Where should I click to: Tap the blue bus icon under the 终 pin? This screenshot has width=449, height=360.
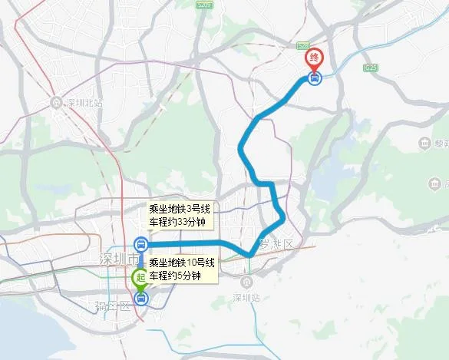(314, 78)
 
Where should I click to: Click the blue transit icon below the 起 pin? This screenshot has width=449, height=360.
(140, 299)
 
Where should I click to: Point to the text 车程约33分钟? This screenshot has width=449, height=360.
(178, 223)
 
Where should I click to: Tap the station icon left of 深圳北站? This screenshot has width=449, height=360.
(56, 102)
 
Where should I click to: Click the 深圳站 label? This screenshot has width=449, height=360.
(247, 297)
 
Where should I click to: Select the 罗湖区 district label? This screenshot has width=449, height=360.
(276, 244)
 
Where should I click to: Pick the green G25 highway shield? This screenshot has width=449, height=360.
(371, 68)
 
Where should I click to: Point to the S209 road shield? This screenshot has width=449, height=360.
(203, 5)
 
